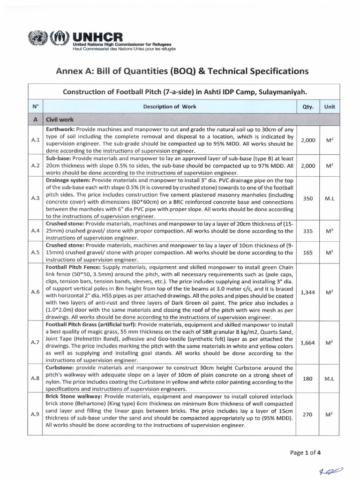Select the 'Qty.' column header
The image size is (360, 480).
click(x=307, y=106)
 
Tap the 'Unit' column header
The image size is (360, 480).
click(x=330, y=106)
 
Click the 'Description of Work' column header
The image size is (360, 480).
click(x=170, y=106)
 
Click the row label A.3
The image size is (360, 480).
click(x=35, y=198)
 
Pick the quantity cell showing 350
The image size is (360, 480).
click(x=307, y=198)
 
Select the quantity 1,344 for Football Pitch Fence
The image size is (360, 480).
click(x=307, y=292)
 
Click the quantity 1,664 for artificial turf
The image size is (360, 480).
click(x=307, y=343)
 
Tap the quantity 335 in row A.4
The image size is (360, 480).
click(x=307, y=231)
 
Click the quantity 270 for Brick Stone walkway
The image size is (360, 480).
click(x=307, y=414)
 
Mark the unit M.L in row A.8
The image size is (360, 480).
click(x=330, y=378)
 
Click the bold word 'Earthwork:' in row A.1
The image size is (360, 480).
click(x=59, y=129)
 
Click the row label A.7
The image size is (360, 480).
click(x=35, y=343)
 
